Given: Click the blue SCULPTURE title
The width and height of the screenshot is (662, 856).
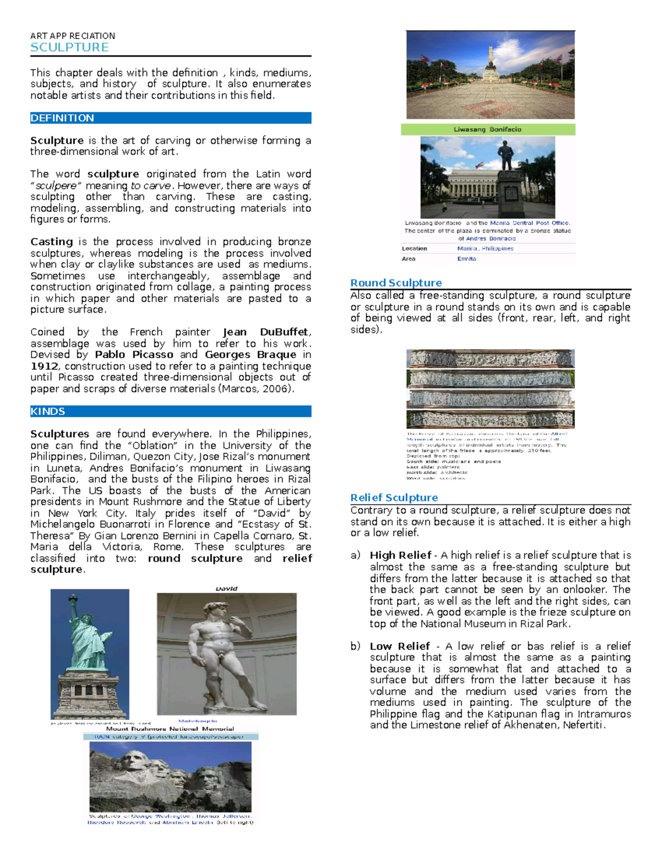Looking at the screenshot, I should pyautogui.click(x=70, y=47).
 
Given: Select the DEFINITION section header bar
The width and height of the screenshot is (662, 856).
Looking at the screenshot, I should pyautogui.click(x=170, y=118).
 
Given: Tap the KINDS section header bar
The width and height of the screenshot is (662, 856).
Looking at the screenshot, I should pyautogui.click(x=170, y=411).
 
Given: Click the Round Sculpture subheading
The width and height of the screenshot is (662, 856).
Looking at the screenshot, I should pyautogui.click(x=396, y=283).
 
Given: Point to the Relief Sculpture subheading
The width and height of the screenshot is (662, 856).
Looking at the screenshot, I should pyautogui.click(x=394, y=497).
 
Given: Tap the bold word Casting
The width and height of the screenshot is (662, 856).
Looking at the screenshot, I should pyautogui.click(x=51, y=241).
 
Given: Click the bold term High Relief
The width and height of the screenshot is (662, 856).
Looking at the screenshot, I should pyautogui.click(x=401, y=555).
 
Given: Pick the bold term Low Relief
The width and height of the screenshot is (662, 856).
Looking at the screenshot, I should pyautogui.click(x=399, y=646).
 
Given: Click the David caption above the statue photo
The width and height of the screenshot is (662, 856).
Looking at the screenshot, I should pyautogui.click(x=226, y=589).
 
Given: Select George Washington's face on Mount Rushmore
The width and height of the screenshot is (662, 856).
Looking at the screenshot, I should pyautogui.click(x=133, y=762).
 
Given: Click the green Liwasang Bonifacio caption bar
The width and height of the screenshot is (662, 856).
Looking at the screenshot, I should pyautogui.click(x=488, y=130).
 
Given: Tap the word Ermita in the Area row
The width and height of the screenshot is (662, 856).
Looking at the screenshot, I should pyautogui.click(x=466, y=259).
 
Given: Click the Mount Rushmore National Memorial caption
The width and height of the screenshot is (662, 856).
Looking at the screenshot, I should pyautogui.click(x=170, y=729).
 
